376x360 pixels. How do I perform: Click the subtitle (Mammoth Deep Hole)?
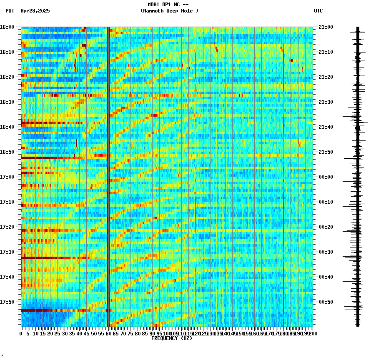(169, 11)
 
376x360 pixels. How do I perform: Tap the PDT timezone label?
(10, 11)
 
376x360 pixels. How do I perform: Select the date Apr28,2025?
(35, 11)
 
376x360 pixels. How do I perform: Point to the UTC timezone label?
(318, 11)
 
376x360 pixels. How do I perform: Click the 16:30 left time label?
(8, 102)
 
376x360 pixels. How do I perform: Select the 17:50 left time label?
(8, 302)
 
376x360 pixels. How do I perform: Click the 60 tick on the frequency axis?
(108, 333)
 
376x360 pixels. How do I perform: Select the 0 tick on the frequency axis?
(21, 333)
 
